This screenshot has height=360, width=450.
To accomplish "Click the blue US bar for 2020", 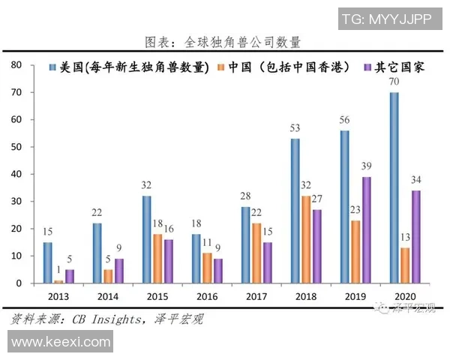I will click(394, 187).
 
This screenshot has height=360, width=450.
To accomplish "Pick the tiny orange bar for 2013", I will click(58, 281).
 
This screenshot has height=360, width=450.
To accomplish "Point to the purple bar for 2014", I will click(118, 271).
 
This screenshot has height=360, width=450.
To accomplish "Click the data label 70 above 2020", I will click(394, 83).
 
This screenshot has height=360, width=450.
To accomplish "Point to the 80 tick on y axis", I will click(16, 65).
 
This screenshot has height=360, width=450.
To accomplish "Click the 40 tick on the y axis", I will click(16, 174).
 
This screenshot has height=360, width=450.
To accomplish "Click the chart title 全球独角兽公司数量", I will click(225, 41).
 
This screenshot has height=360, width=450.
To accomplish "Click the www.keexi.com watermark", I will click(57, 343).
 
